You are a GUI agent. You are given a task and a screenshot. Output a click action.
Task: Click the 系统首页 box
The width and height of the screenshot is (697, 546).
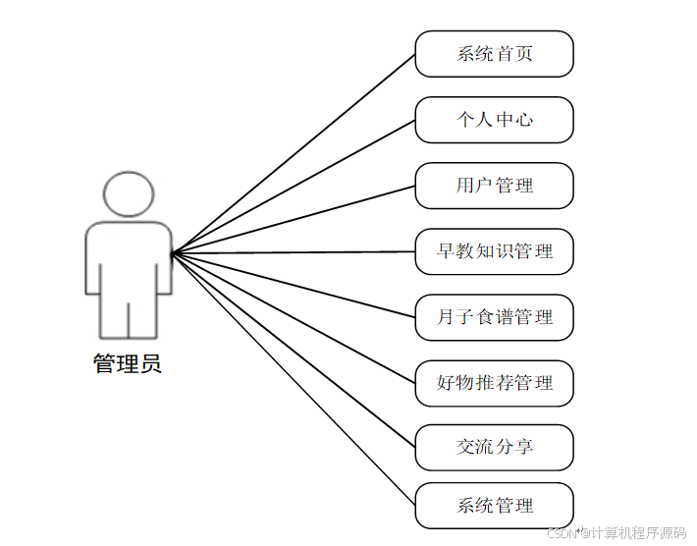point(494,54)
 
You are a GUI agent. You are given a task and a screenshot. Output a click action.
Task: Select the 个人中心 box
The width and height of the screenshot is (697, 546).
point(494,120)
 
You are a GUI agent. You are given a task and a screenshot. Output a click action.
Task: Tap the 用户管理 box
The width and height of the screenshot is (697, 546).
point(494,186)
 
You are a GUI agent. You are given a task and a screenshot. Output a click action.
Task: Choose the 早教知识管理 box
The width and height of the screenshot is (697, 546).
point(494,251)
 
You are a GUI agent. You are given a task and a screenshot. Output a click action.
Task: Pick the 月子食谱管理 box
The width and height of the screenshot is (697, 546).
point(494,317)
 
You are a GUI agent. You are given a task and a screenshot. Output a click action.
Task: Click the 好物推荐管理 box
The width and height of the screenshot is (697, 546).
point(494,383)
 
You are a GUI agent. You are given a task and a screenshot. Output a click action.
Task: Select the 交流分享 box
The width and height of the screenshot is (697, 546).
point(494,447)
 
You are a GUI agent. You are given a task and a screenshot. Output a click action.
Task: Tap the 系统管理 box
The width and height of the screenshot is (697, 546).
point(494,506)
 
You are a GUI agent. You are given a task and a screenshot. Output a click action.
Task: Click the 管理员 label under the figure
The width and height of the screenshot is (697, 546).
point(128,365)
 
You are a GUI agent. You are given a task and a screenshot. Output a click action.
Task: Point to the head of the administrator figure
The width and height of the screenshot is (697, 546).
point(129,194)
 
